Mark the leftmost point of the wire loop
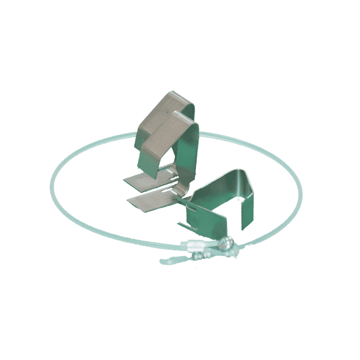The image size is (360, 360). pyautogui.click(x=50, y=190)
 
